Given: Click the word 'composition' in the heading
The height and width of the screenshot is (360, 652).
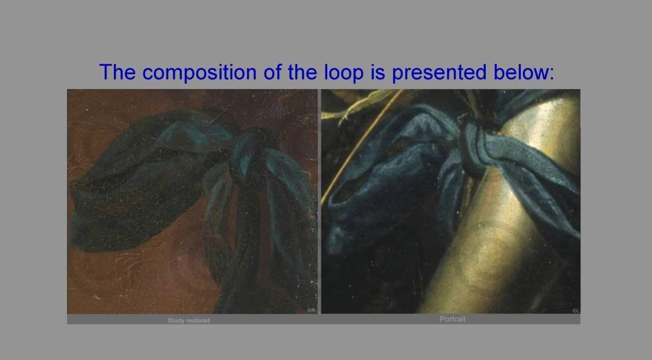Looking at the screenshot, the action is coord(199,72).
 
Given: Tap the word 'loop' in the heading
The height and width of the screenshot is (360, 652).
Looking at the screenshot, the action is coord(344,72).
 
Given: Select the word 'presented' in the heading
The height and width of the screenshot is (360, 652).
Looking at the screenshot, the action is coord(439,72).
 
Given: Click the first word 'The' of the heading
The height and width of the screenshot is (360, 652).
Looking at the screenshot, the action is coord(117,72).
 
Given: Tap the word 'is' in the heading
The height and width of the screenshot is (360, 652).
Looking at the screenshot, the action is coord(378,72).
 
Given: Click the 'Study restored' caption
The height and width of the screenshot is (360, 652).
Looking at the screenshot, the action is coord(188,320).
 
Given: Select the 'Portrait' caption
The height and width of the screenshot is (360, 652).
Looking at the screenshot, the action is coord(452,319).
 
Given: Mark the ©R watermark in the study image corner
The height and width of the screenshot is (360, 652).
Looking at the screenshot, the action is coord(312,310).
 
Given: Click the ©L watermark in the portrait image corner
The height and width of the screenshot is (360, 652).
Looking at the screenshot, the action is coord(576,311).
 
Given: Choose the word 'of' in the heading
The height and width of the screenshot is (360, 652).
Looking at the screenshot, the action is coord(272,72).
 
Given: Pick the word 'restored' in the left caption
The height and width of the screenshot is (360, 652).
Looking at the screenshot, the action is coord(198,320).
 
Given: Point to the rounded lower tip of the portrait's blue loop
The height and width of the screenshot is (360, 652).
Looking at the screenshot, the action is coord(335,242).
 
